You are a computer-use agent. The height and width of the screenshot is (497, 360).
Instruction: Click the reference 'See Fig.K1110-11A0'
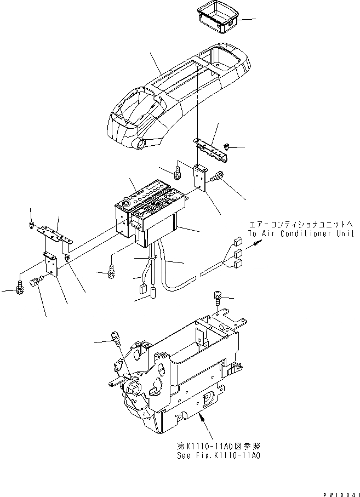(x=211, y=455)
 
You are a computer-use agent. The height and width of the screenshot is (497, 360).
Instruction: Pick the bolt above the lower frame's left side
(x=116, y=336)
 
